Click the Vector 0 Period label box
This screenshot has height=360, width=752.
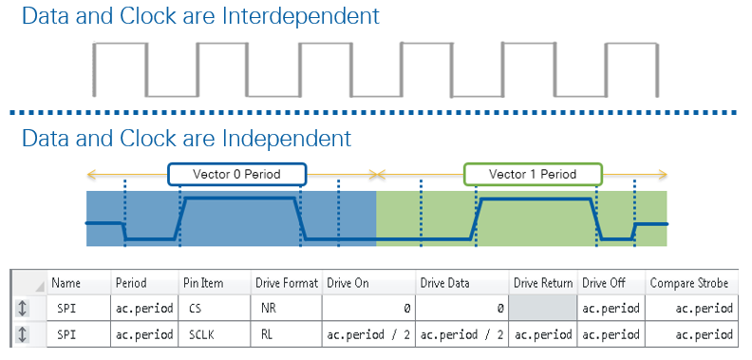[237, 174]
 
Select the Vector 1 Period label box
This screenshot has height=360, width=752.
[533, 174]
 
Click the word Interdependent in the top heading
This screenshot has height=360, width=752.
[300, 16]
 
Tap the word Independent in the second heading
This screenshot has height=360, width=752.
[287, 139]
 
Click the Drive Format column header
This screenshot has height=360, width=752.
[287, 283]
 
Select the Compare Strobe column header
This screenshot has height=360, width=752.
[689, 283]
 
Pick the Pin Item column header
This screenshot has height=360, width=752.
[203, 283]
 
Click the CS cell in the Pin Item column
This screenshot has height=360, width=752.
[214, 308]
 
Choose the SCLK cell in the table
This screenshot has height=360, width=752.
[214, 334]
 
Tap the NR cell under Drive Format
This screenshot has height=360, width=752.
[287, 308]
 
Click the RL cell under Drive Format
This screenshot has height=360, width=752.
[287, 334]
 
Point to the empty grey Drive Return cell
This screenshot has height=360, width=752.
[543, 308]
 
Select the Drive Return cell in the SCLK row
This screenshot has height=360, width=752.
[543, 334]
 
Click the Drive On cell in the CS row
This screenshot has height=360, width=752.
[368, 308]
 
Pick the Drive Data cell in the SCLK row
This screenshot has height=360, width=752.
[462, 334]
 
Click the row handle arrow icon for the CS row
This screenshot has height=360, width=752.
[22, 308]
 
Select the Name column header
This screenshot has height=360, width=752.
[66, 283]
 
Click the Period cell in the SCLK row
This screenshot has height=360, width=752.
[144, 334]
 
